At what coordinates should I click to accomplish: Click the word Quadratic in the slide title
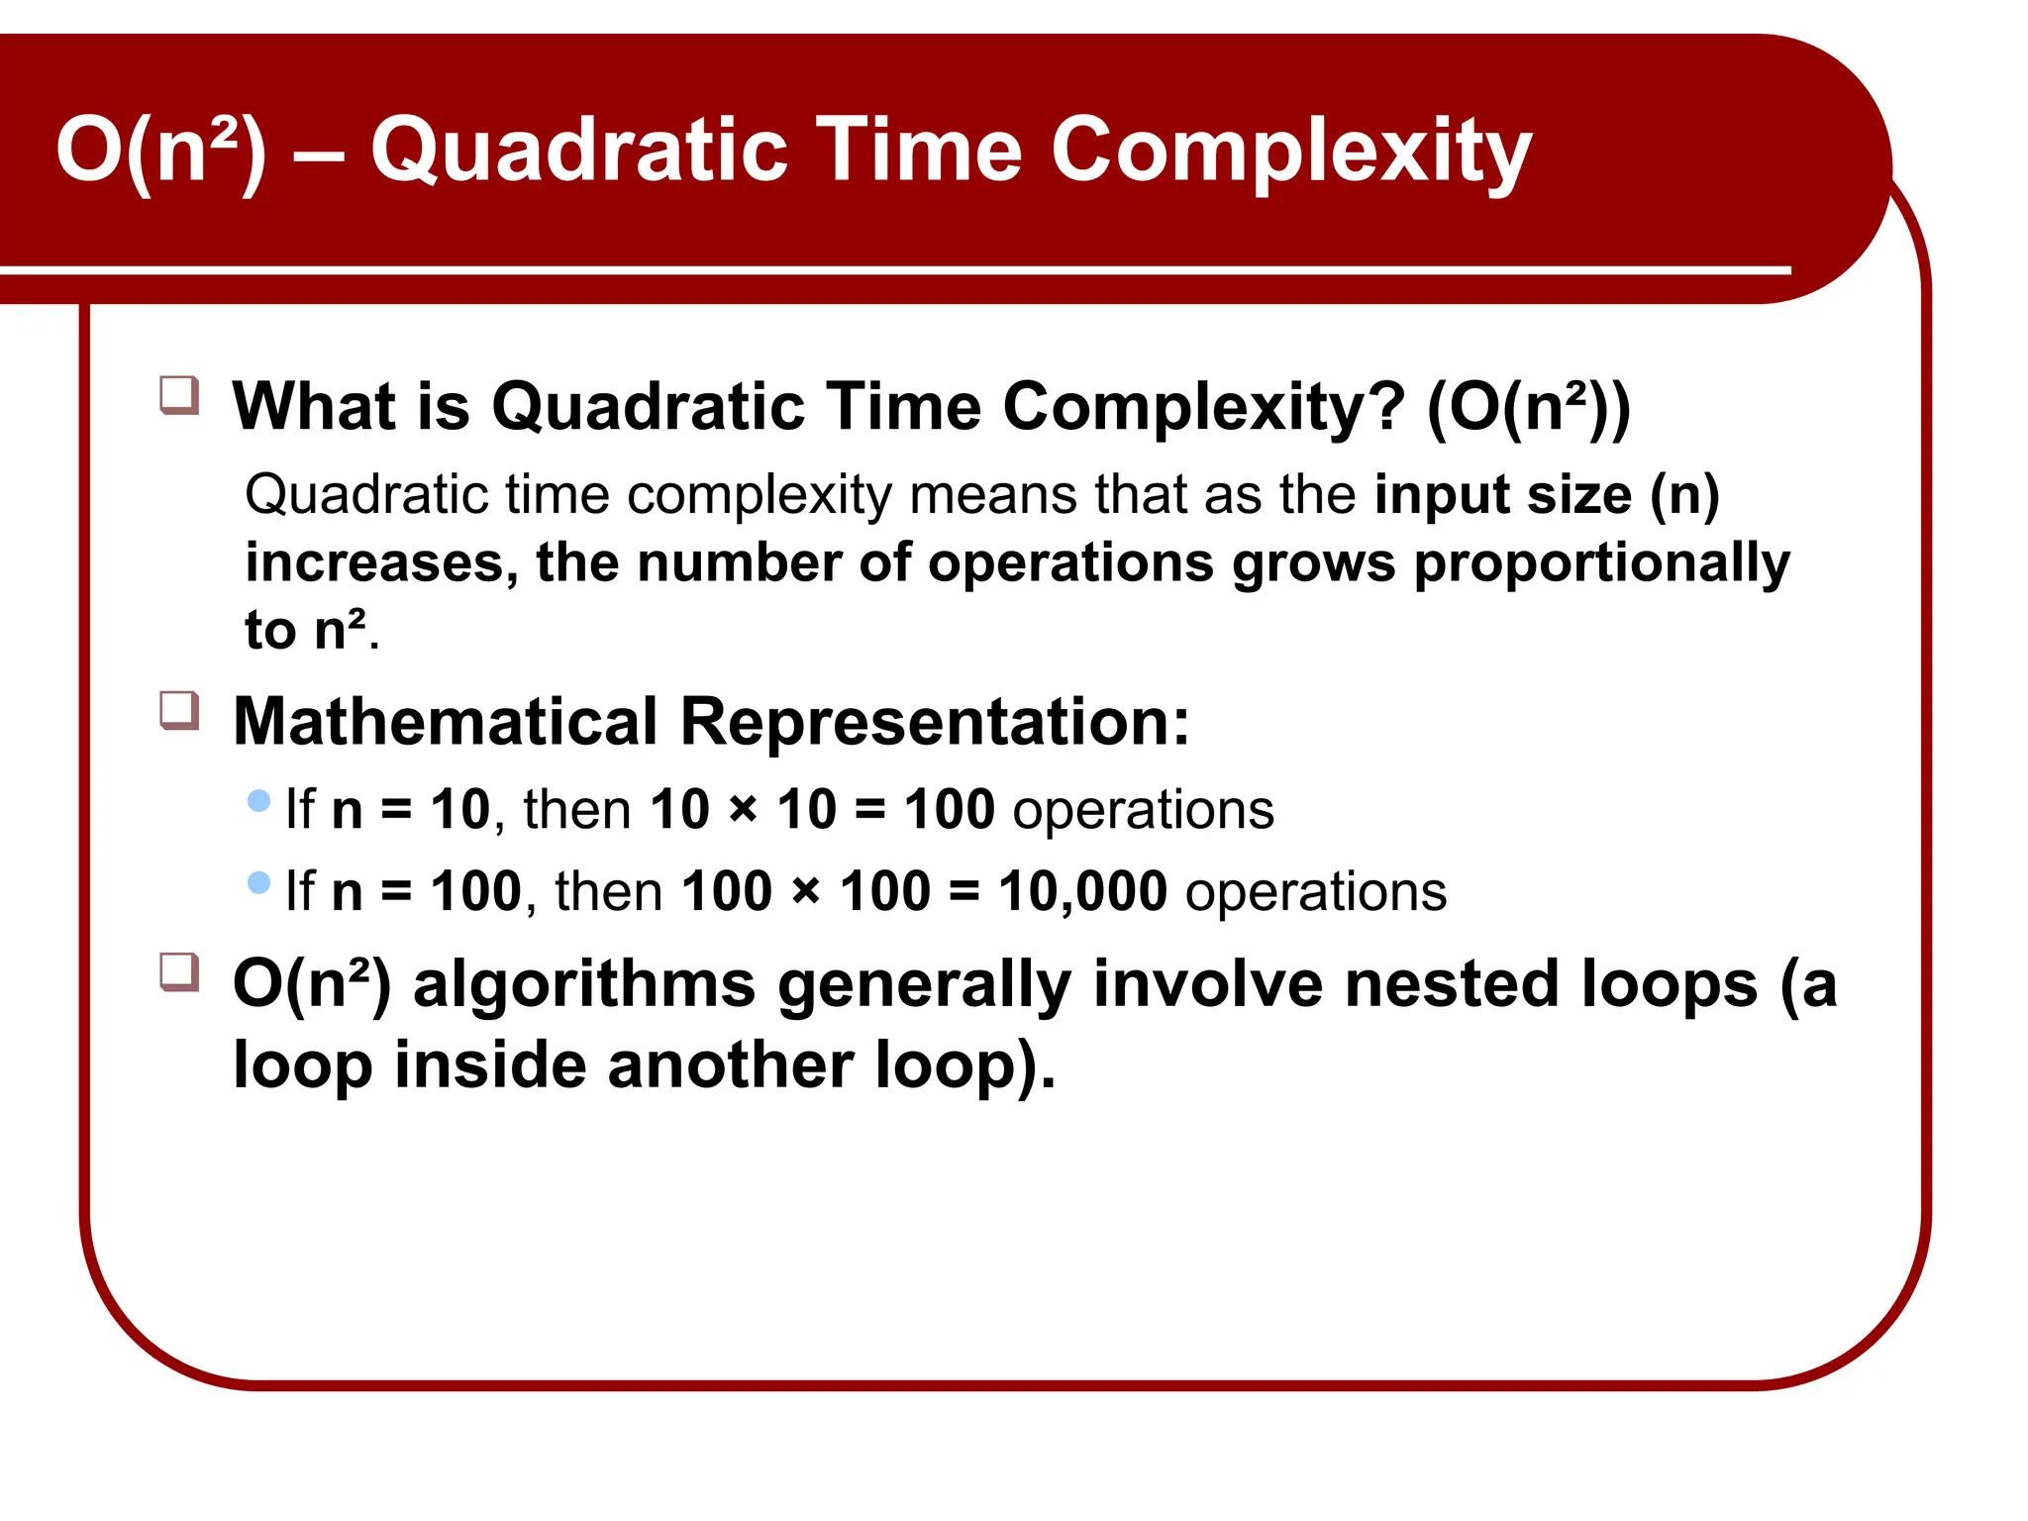click(579, 152)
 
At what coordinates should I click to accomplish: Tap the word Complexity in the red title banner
click(1290, 152)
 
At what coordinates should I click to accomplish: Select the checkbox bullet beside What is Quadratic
click(179, 395)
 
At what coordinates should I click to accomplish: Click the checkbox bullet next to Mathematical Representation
click(179, 710)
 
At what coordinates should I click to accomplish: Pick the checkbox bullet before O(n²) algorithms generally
click(179, 972)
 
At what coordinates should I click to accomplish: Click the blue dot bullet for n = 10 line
click(259, 800)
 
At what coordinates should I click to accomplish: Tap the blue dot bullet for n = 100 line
click(259, 882)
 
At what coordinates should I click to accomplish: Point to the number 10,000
click(1082, 891)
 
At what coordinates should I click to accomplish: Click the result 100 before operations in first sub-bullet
click(949, 809)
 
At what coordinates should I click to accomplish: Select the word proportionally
click(1601, 563)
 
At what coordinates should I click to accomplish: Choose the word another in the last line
click(732, 1065)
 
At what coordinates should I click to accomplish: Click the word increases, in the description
click(381, 563)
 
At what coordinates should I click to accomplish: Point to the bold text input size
click(1502, 494)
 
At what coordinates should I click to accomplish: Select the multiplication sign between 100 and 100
click(806, 891)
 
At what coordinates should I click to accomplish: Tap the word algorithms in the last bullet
click(584, 984)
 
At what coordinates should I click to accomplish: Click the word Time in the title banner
click(918, 152)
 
